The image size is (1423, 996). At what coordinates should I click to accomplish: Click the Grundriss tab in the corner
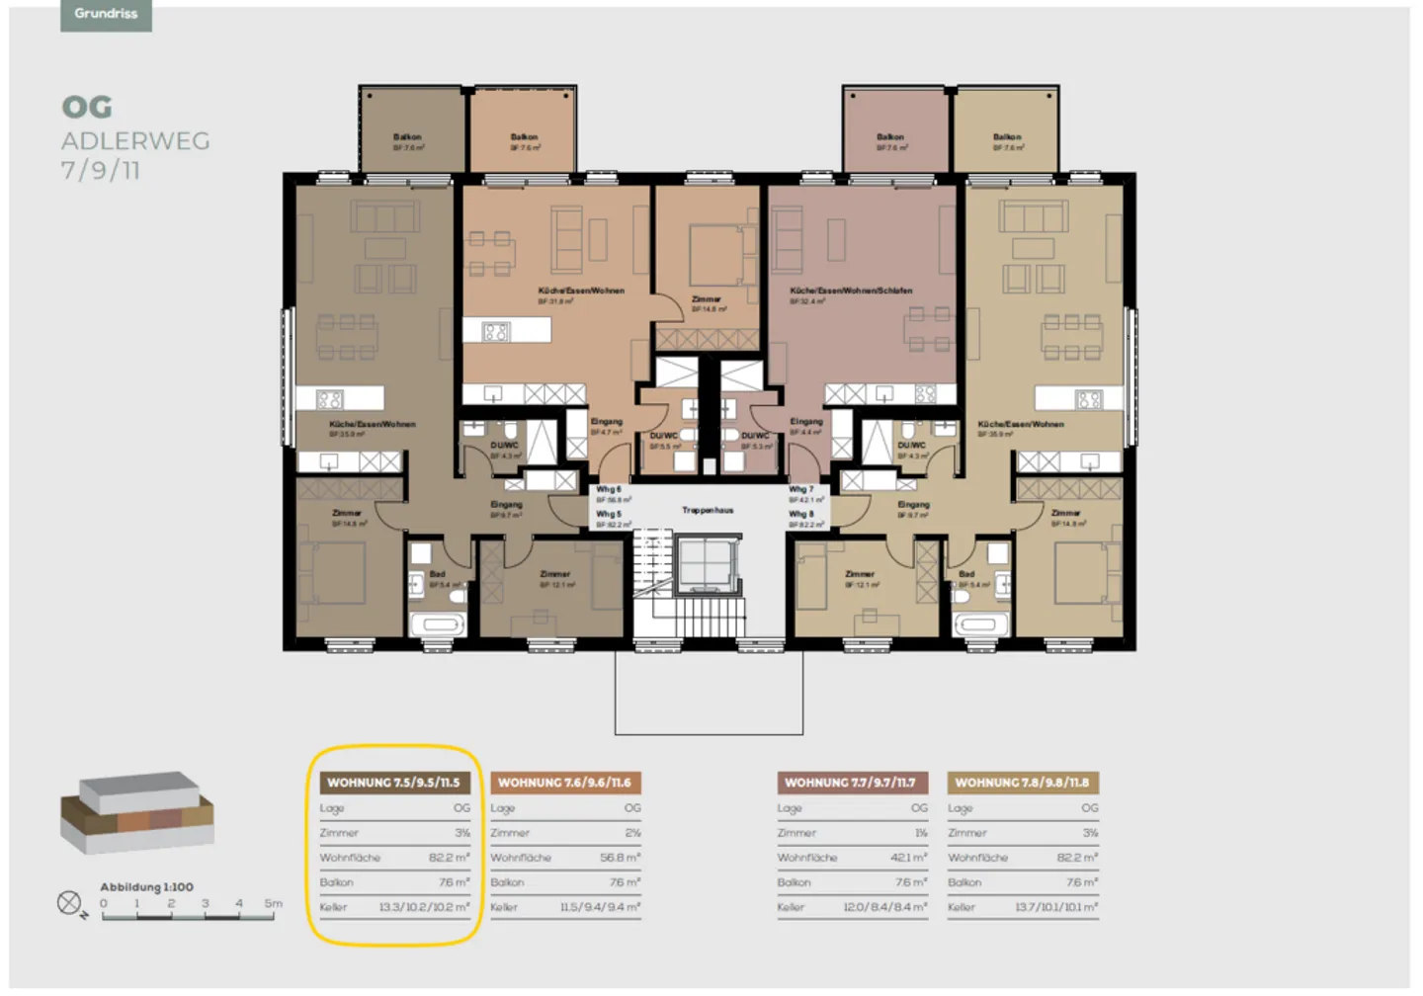pos(106,14)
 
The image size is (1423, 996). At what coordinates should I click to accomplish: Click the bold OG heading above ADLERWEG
pos(87,107)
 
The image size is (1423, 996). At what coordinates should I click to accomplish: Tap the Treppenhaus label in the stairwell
pos(708,511)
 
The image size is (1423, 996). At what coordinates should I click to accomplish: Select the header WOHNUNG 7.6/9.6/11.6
pos(564,783)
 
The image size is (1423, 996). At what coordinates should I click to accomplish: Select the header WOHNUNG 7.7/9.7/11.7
pos(850,783)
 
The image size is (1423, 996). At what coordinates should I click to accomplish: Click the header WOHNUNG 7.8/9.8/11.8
pos(1022,783)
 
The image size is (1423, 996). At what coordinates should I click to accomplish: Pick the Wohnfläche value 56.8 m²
pos(620,858)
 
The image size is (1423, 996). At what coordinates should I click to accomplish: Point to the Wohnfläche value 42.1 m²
pos(908,858)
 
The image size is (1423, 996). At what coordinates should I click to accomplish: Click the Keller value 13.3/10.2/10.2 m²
pos(424,907)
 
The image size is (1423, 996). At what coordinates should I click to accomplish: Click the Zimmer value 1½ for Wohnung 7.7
pos(920,833)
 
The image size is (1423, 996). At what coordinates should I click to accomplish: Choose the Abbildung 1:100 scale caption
pos(146,887)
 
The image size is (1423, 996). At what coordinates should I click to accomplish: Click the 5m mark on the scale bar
pos(273,903)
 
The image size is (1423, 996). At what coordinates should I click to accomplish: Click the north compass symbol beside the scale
pos(69,903)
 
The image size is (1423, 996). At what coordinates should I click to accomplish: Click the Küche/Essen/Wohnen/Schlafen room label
pos(850,291)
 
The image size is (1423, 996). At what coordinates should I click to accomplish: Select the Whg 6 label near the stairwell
pos(609,489)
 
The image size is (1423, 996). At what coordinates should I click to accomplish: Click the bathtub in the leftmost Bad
pos(436,624)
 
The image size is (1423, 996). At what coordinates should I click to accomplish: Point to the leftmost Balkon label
pos(407,137)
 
